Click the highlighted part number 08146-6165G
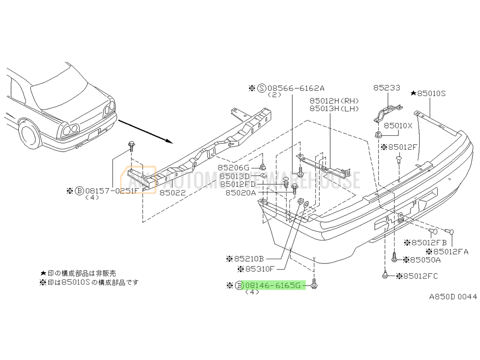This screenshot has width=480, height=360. tap(273, 285)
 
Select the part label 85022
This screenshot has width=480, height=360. tap(173, 192)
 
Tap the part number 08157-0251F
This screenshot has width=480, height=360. tap(112, 191)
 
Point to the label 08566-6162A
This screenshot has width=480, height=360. tap(296, 88)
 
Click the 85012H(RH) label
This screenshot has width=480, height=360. tap(334, 101)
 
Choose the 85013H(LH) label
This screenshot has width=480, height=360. tap(334, 108)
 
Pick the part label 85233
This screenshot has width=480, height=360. tap(386, 87)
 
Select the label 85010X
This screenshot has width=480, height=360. tap(398, 125)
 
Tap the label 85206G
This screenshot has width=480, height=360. tap(234, 168)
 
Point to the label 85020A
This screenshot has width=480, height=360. tap(240, 192)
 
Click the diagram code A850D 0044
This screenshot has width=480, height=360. tap(453, 297)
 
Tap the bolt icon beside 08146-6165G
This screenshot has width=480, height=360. tap(314, 284)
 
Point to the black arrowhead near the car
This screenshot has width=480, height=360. tap(169, 142)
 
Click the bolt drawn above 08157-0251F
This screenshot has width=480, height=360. tap(132, 146)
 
